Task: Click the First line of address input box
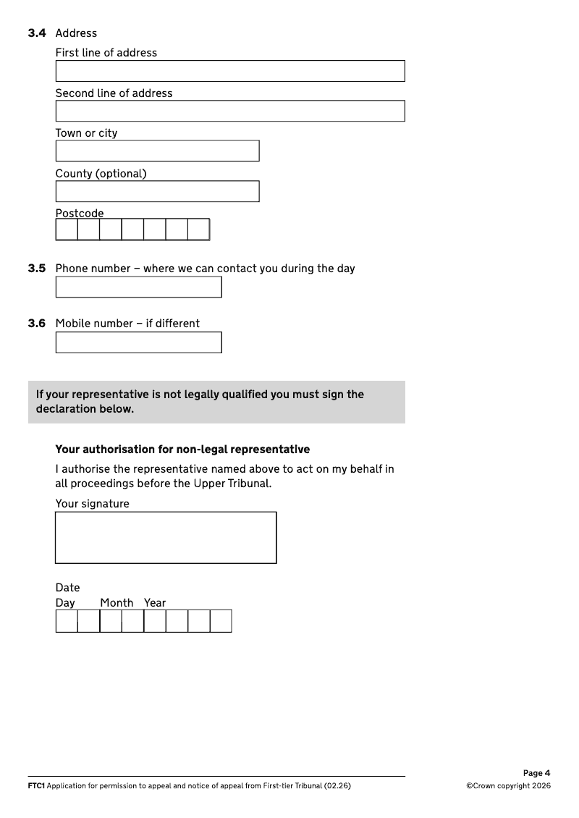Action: (x=229, y=71)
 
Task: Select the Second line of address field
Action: (x=229, y=111)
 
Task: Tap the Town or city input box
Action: (x=157, y=151)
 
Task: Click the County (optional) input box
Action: (x=157, y=191)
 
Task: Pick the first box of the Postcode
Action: (x=67, y=229)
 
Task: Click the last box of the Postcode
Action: (x=198, y=229)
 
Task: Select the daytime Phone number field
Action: (x=138, y=287)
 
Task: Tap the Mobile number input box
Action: (x=138, y=342)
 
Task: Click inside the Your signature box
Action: (x=166, y=537)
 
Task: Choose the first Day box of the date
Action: (x=67, y=621)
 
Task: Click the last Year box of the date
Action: (x=221, y=621)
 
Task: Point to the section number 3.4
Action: (x=37, y=33)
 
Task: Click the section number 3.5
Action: (x=37, y=269)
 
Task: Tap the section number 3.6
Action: (x=37, y=324)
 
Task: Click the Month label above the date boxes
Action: (x=117, y=603)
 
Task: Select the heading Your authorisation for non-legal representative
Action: (x=182, y=450)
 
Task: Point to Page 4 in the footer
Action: (x=536, y=773)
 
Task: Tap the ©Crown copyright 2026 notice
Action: (x=508, y=786)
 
